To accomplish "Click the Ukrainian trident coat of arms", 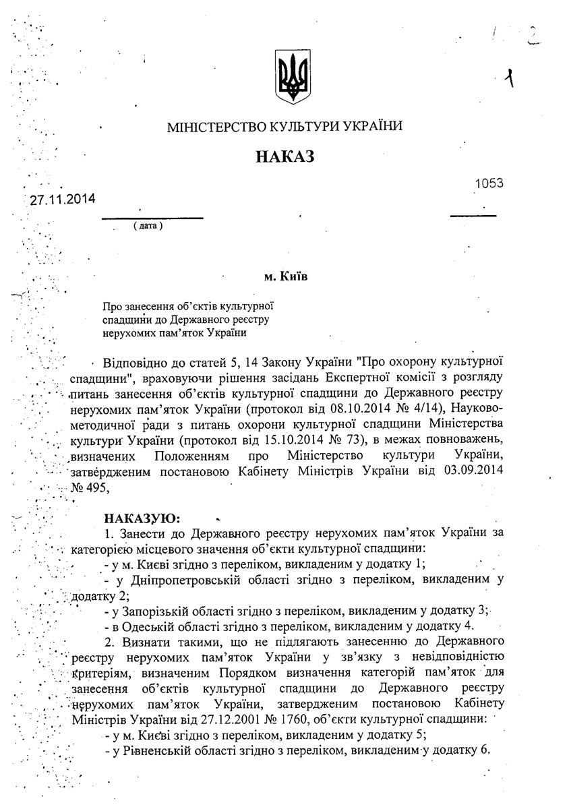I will pyautogui.click(x=292, y=76).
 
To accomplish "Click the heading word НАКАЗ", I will pyautogui.click(x=285, y=157).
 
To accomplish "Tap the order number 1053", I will pyautogui.click(x=489, y=183).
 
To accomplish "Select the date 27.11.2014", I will pyautogui.click(x=62, y=200).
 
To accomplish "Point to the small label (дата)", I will pyautogui.click(x=148, y=224).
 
